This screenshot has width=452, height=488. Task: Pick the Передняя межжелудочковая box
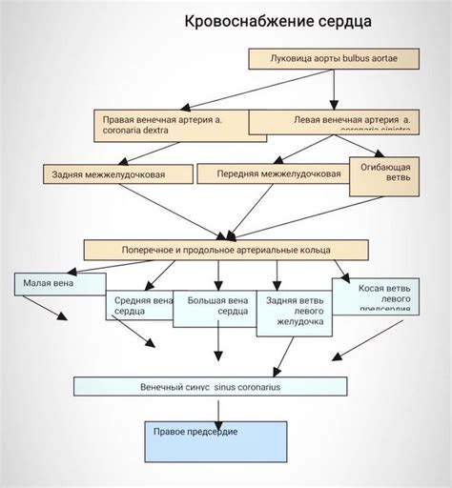click(x=278, y=173)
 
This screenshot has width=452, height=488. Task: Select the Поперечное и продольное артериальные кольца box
click(x=225, y=249)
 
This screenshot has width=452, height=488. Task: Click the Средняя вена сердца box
click(x=141, y=305)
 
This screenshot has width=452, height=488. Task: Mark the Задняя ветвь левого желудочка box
click(x=295, y=311)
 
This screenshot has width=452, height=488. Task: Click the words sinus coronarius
click(x=253, y=386)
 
